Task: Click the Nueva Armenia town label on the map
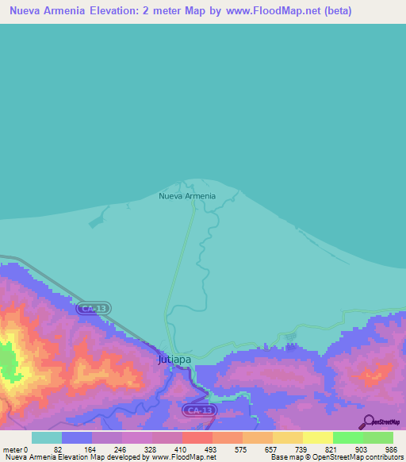coord(186,196)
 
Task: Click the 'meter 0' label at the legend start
coord(16,449)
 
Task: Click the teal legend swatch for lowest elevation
coord(46,437)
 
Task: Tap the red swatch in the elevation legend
coord(197,437)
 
